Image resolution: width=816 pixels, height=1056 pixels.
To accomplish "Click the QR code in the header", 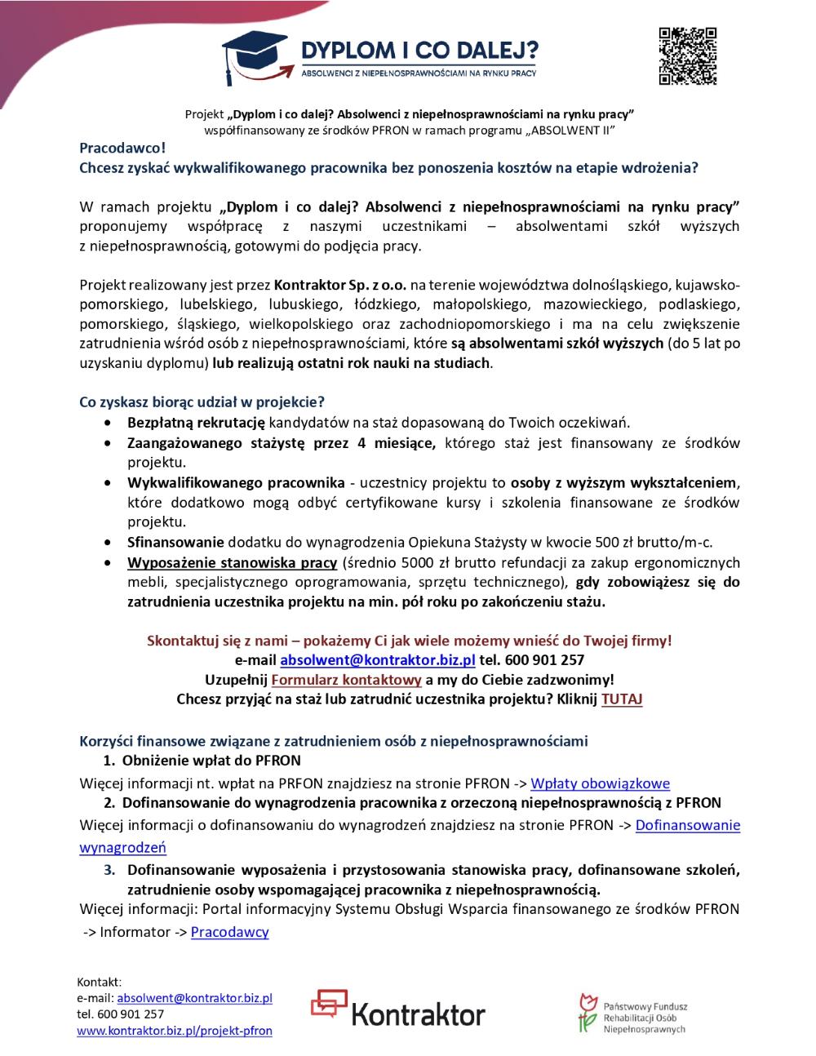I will point(687,55).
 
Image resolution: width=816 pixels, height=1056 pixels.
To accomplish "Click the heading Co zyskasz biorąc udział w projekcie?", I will point(202,402).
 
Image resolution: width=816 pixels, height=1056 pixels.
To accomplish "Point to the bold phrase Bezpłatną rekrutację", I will point(196,422).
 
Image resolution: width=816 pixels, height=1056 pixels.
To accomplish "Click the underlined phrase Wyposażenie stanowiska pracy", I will point(232,562).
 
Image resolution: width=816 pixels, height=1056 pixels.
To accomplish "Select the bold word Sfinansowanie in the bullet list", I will point(175,541).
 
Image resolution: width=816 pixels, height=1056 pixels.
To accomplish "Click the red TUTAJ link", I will point(622,699).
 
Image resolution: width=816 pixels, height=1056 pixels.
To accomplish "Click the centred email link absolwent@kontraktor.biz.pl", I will point(377,659).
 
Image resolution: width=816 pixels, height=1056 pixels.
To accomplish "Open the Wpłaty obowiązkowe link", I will point(600,783).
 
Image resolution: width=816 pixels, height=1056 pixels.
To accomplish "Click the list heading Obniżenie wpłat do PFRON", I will point(211,761).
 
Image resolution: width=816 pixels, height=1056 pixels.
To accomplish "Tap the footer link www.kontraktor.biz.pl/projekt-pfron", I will point(174,1031).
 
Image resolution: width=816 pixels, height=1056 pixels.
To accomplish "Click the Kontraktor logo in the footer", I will point(398,1009).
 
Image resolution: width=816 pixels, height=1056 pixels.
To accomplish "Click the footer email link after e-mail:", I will point(194,997).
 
